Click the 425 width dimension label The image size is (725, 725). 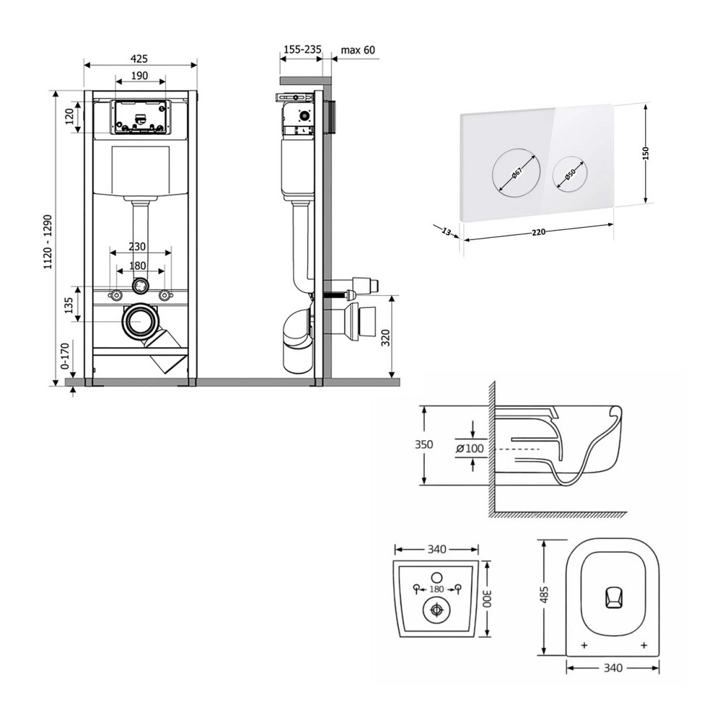(x=141, y=58)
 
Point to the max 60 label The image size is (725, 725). (x=358, y=50)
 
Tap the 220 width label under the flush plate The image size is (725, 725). (x=538, y=232)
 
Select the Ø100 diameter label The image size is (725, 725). (x=470, y=448)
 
